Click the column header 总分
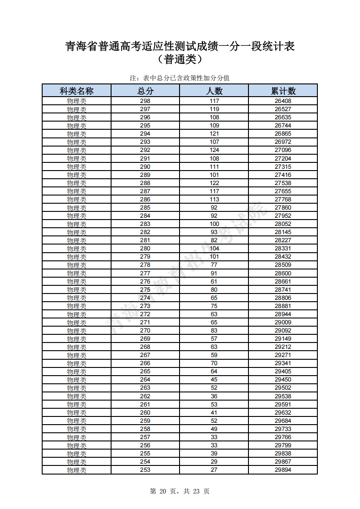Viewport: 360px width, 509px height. tap(145, 91)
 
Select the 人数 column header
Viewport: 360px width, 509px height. tap(214, 91)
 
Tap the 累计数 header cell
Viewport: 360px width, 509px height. tap(283, 91)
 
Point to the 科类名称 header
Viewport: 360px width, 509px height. tap(77, 91)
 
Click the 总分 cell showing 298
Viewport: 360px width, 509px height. tap(145, 101)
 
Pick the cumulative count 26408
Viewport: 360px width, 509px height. tap(283, 101)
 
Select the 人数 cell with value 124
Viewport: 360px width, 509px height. tap(214, 150)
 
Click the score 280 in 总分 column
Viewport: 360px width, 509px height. tap(145, 249)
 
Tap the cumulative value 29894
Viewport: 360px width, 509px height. tap(283, 470)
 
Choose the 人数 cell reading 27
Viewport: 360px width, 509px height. tap(214, 470)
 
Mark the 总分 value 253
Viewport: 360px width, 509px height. tap(145, 470)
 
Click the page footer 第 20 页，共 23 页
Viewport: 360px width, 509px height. tap(180, 491)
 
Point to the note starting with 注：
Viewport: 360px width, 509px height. tap(180, 78)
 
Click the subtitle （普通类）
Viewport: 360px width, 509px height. tap(180, 59)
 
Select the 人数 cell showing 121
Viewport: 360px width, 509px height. tap(214, 134)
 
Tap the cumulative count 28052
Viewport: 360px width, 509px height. tap(283, 224)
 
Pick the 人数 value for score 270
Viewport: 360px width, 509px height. tap(214, 331)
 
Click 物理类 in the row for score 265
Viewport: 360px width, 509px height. tap(77, 372)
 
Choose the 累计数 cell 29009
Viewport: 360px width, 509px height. tap(283, 323)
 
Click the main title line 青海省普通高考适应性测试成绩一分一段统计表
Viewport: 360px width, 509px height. tap(180, 46)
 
